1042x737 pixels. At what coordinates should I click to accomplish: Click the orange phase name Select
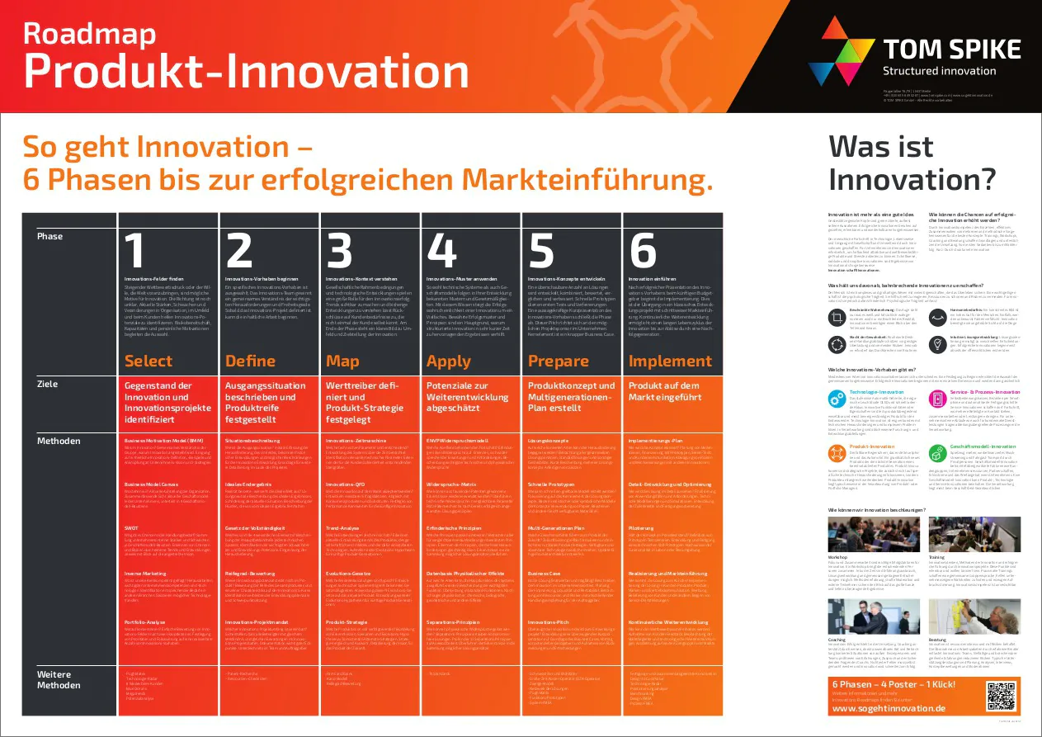[149, 361]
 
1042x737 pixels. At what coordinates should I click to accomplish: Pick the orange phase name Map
[342, 361]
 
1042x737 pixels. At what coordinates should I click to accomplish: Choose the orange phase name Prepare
[559, 361]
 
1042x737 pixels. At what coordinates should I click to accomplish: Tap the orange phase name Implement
[670, 361]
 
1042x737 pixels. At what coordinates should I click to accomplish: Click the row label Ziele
[48, 384]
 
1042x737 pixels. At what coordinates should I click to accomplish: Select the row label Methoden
[59, 441]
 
